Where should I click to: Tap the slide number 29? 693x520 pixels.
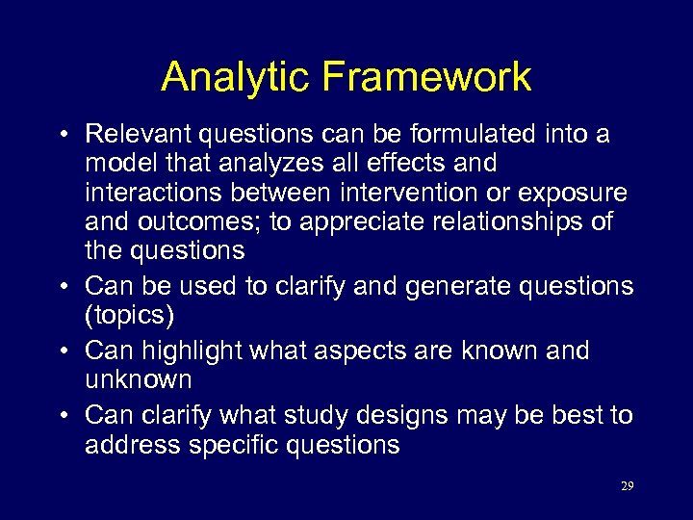pos(627,486)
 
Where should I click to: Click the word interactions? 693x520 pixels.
pos(154,193)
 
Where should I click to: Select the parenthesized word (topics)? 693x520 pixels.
pos(126,315)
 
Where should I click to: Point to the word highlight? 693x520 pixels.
pos(197,351)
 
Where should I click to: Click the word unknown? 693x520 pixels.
pos(139,379)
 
